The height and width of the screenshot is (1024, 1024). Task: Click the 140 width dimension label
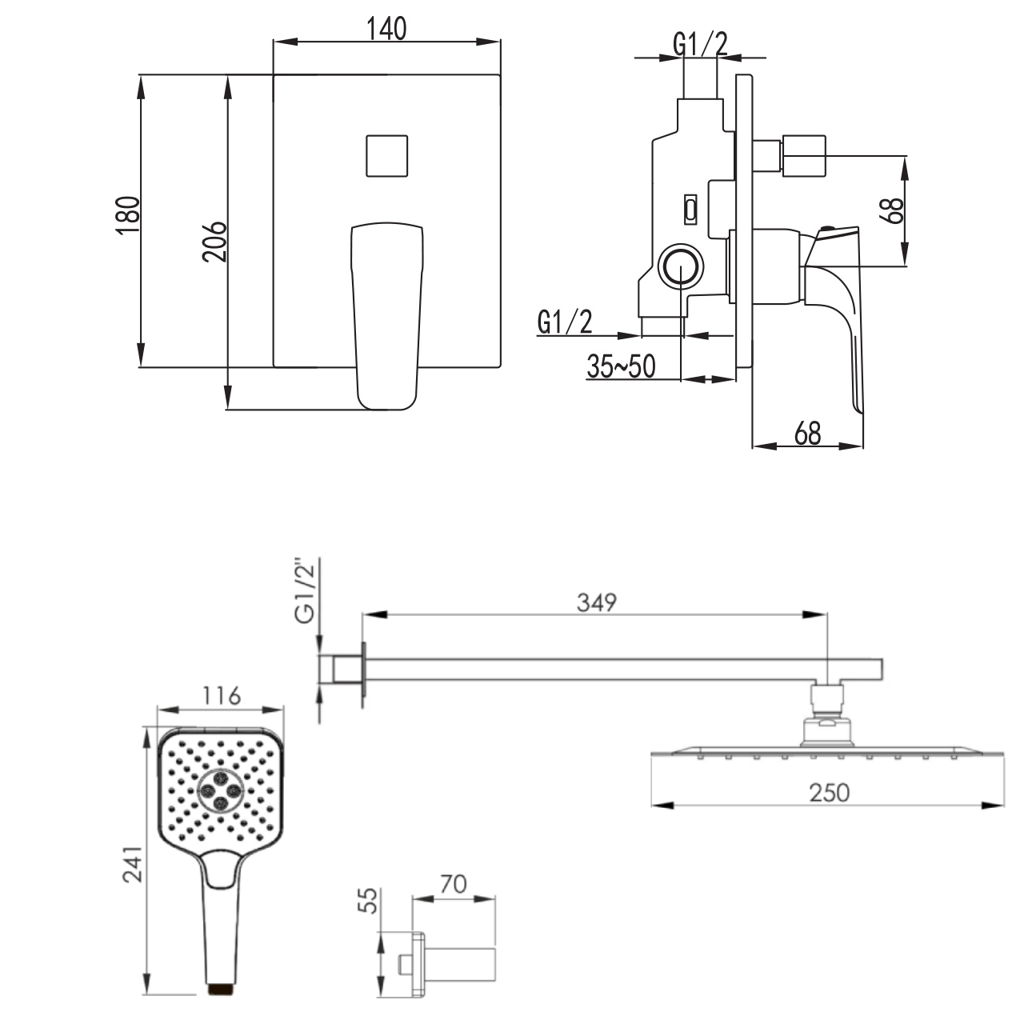click(x=387, y=29)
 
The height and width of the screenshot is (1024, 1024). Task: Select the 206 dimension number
click(x=214, y=242)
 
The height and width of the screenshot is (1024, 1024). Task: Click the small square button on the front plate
click(x=387, y=156)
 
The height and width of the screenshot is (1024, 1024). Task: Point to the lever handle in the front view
click(x=387, y=316)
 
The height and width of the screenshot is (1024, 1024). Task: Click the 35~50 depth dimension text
click(x=621, y=366)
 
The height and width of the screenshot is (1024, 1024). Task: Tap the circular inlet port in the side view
click(x=681, y=266)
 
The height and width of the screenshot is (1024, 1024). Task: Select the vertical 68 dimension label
click(x=892, y=210)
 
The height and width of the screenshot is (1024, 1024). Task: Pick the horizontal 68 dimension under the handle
click(x=807, y=434)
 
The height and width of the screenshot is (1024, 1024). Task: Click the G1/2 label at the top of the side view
click(x=700, y=44)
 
